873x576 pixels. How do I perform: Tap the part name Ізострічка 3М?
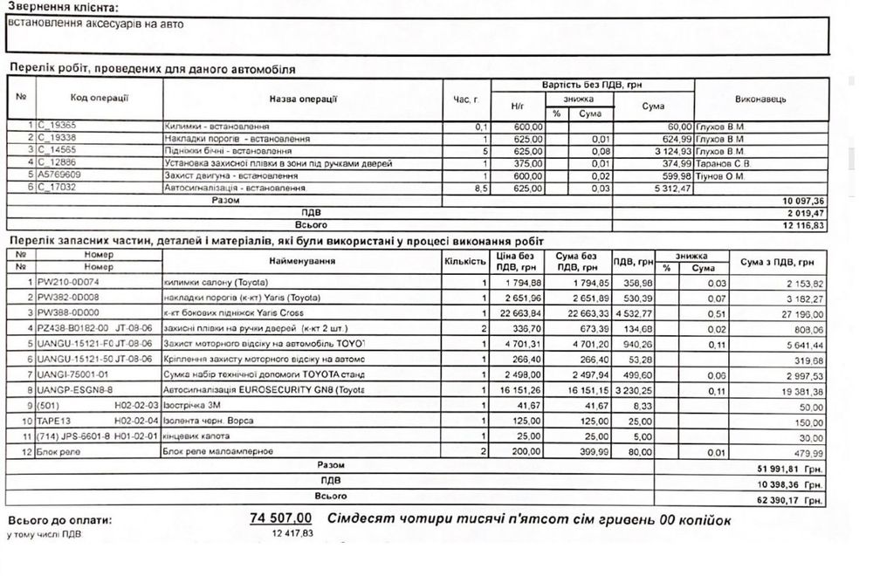(x=191, y=406)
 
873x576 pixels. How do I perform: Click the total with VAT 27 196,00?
(x=797, y=312)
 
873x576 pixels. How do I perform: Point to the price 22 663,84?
(x=519, y=312)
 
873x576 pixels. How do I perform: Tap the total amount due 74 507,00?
(x=280, y=519)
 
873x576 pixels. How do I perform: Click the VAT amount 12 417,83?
(x=292, y=533)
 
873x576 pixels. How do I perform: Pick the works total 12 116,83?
(x=799, y=224)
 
